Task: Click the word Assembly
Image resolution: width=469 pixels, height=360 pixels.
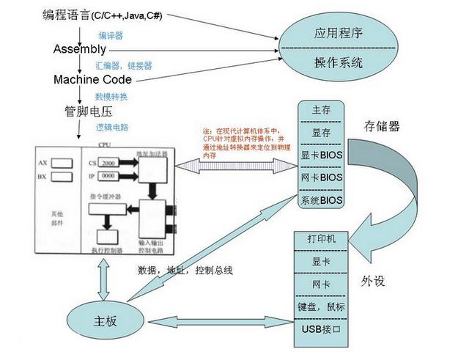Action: [x=80, y=49]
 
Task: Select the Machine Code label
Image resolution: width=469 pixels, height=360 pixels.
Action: [x=92, y=79]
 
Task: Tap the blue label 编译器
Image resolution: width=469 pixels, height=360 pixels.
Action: [x=111, y=34]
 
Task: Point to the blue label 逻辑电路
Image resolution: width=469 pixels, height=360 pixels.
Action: [x=111, y=127]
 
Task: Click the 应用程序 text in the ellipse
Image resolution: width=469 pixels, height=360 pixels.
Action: [x=338, y=34]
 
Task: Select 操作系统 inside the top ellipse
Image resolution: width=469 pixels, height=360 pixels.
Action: [x=338, y=62]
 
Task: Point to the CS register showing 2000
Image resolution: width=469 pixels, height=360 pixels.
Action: [x=108, y=161]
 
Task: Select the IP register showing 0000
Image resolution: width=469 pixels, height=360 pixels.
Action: [x=108, y=177]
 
